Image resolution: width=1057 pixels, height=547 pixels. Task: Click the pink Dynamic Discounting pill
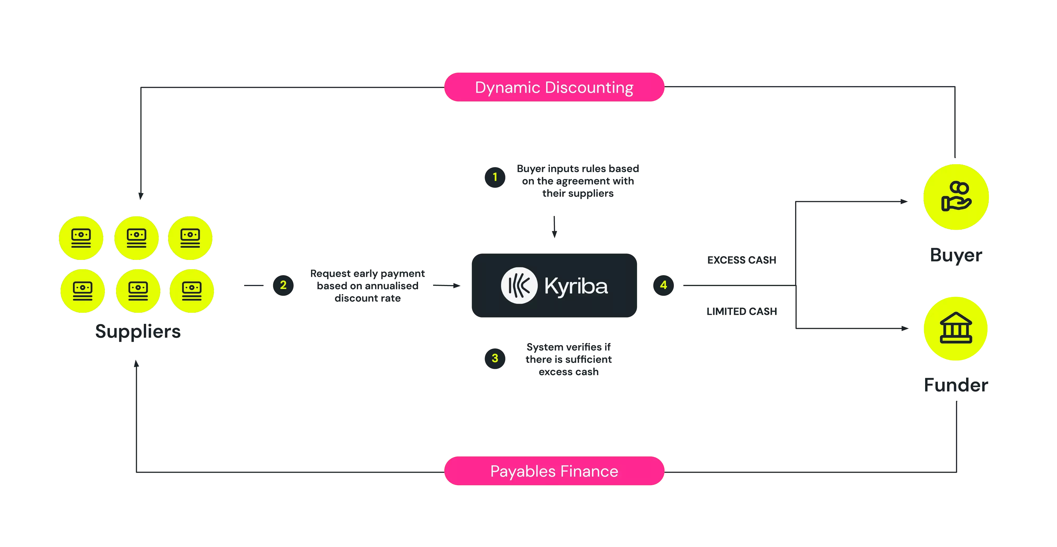pos(554,87)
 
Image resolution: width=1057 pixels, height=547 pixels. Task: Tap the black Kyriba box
pos(554,286)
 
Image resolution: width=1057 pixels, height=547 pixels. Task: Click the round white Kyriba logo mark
pos(519,286)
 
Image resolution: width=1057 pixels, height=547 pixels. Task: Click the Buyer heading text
pos(956,255)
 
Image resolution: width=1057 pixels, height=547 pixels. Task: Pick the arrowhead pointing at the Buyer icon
pos(904,202)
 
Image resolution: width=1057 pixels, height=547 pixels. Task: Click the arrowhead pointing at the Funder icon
pos(905,329)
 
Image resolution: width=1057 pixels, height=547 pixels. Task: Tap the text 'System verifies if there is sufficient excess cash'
pos(569,359)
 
